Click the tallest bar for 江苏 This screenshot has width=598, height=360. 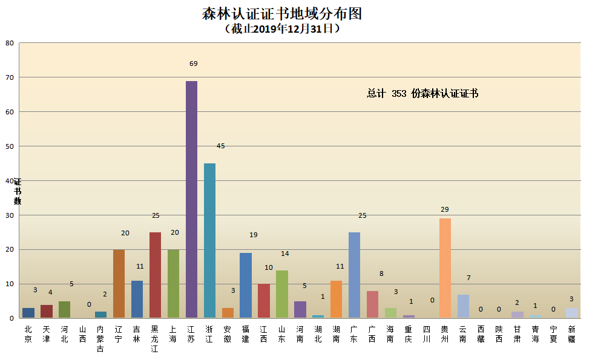click(191, 200)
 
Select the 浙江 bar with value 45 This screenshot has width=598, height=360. click(209, 241)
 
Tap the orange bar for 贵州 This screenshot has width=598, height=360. click(445, 268)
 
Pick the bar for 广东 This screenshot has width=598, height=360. click(354, 275)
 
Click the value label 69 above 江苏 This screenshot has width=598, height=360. click(194, 64)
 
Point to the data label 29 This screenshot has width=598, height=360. click(445, 209)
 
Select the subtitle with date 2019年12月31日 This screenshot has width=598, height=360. click(282, 28)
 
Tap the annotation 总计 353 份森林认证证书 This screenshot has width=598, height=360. click(422, 94)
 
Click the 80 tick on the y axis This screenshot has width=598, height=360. click(9, 43)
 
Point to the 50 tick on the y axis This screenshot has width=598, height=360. click(9, 146)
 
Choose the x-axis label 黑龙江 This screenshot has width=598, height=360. click(155, 339)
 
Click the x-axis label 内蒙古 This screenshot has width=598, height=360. click(100, 339)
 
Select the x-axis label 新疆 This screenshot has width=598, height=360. click(571, 334)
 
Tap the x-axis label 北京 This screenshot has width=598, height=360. click(28, 334)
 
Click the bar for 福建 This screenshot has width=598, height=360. click(246, 286)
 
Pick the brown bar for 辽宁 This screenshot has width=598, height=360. click(119, 284)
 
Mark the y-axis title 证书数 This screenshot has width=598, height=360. click(18, 192)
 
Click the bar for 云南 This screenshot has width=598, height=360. click(463, 306)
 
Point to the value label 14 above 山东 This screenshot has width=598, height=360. click(284, 254)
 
